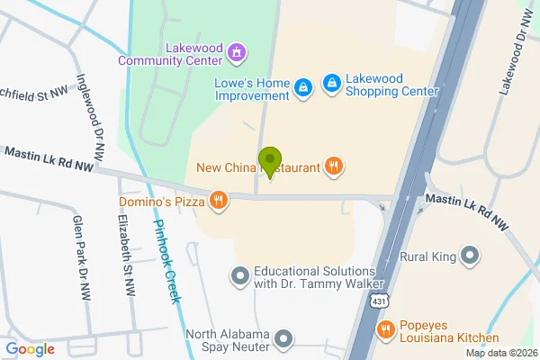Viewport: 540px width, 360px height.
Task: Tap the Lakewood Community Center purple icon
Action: click(237, 51)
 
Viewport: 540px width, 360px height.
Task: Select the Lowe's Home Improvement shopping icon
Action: click(304, 86)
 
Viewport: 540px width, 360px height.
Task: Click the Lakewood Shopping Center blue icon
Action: click(332, 83)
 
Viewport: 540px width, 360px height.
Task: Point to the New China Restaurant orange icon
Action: click(334, 165)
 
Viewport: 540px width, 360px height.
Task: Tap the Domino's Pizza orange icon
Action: click(218, 201)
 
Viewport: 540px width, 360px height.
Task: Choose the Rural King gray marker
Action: click(469, 256)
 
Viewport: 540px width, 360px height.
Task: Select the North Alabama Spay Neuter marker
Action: click(284, 338)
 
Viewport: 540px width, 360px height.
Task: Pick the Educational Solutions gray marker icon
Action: click(239, 275)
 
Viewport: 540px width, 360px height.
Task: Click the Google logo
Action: click(30, 349)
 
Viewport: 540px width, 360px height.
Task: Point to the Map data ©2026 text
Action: click(500, 353)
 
